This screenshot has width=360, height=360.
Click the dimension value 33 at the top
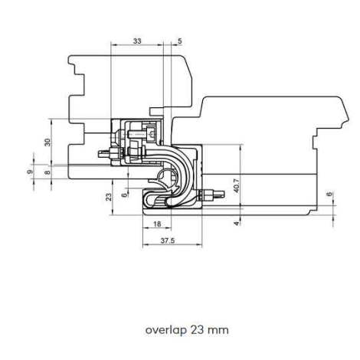click(137, 41)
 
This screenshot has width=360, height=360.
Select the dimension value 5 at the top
click(180, 41)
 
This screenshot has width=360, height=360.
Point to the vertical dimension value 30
click(47, 142)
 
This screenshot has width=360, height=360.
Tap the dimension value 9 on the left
click(30, 172)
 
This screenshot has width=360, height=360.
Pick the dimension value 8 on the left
click(47, 172)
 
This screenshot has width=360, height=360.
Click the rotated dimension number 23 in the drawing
click(109, 197)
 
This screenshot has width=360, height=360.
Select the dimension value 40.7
click(236, 185)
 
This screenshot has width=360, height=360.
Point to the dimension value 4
click(237, 224)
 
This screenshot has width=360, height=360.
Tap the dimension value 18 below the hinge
click(157, 224)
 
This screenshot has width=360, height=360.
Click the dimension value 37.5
click(168, 241)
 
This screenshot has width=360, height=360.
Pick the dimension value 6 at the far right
click(330, 194)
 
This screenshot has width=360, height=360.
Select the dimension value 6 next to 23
click(124, 195)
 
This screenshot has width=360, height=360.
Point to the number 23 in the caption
click(197, 330)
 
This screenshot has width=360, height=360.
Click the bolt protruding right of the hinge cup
click(211, 195)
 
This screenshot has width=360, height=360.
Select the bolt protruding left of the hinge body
click(110, 153)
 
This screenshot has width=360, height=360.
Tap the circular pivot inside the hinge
click(167, 177)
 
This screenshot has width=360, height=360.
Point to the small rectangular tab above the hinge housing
click(156, 111)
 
